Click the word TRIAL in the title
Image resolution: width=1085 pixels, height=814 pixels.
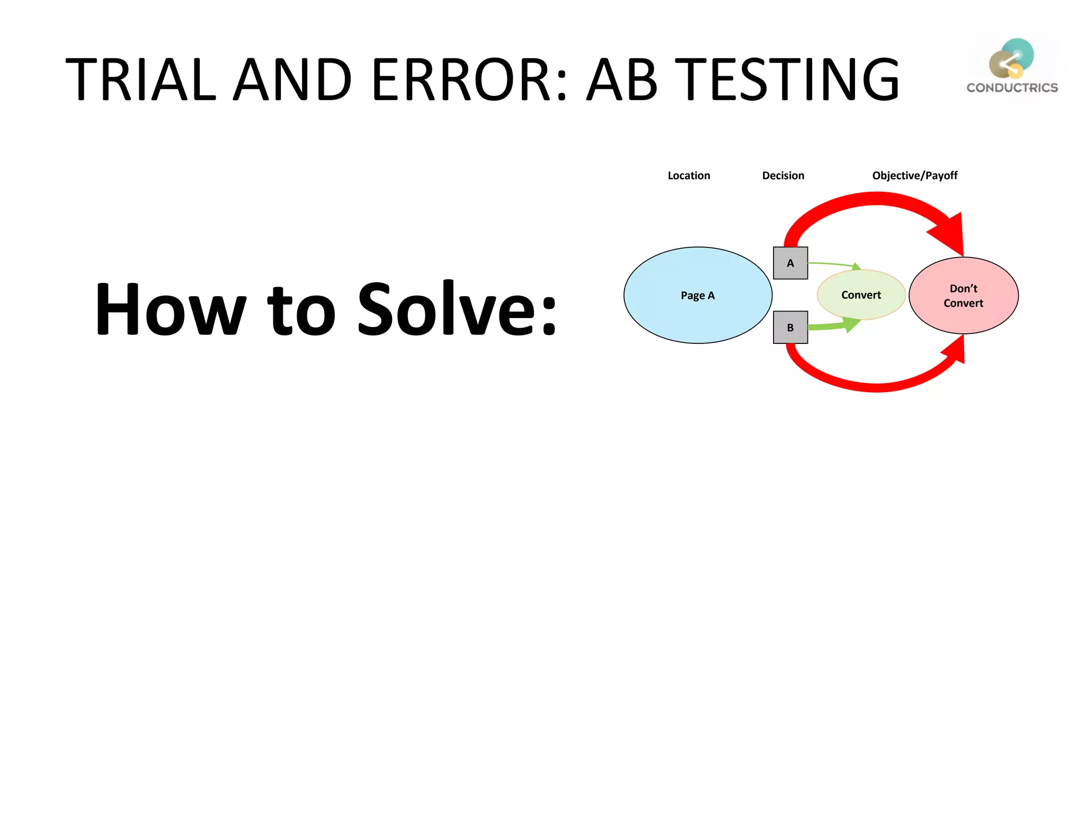click(x=140, y=79)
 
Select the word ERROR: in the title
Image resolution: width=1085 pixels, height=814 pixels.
click(x=469, y=79)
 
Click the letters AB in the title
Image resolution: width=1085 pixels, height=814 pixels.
click(x=622, y=79)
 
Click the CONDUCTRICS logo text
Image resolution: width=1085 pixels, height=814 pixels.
click(x=1012, y=88)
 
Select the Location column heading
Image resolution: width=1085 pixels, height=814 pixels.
click(x=688, y=175)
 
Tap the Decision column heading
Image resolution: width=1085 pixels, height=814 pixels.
click(x=782, y=175)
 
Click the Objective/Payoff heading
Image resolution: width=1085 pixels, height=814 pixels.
click(x=914, y=175)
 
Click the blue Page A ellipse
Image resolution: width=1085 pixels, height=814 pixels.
click(x=697, y=295)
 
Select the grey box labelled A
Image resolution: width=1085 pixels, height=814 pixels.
click(x=790, y=263)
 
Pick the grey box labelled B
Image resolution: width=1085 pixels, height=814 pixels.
click(x=790, y=328)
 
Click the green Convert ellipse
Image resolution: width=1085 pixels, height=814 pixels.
click(x=860, y=295)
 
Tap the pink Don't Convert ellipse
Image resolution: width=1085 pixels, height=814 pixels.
click(x=963, y=295)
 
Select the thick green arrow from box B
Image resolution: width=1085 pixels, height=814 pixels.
click(x=832, y=325)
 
